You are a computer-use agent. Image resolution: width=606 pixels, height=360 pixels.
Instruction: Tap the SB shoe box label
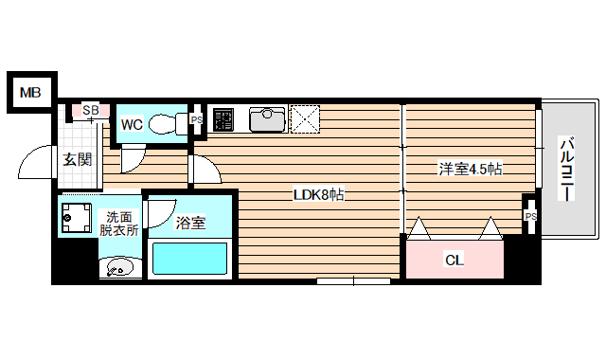[x=91, y=111]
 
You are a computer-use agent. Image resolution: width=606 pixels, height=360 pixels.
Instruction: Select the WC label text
[x=132, y=123]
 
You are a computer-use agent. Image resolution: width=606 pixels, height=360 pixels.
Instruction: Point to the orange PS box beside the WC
[x=197, y=120]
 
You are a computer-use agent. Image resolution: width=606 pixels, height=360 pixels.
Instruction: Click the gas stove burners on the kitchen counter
[x=223, y=119]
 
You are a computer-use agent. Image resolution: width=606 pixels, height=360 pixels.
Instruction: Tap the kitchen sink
[x=267, y=118]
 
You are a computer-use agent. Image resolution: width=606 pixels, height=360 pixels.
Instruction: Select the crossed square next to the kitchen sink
[x=305, y=119]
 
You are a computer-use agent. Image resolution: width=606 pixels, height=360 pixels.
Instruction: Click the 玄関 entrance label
[x=78, y=159]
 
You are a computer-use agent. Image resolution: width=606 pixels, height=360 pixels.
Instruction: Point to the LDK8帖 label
[x=318, y=196]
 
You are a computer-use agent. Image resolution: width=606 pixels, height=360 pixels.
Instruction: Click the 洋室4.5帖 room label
[x=469, y=169]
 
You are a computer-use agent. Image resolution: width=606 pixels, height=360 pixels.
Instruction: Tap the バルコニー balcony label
[x=566, y=169]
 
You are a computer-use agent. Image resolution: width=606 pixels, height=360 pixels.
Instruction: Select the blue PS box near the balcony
[x=530, y=217]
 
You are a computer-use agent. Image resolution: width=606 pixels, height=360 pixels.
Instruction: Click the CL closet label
[x=454, y=260]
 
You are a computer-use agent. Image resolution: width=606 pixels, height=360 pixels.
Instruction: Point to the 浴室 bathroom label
[x=190, y=224]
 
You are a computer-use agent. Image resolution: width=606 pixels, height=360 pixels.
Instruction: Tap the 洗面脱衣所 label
[x=119, y=223]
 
